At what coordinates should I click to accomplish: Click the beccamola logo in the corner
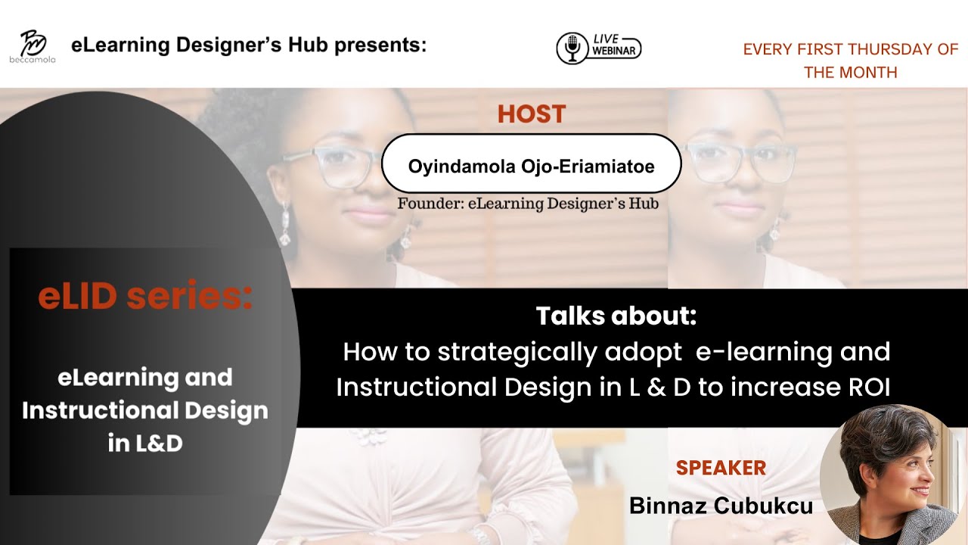(32, 45)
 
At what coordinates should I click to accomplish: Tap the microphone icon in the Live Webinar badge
(572, 48)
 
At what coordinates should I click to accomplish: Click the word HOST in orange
(532, 114)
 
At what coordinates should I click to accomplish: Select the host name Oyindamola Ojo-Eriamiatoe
(532, 165)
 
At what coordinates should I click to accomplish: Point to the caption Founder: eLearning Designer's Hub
(528, 204)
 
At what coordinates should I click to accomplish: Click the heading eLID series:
(145, 297)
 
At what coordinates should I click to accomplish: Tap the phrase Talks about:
(616, 316)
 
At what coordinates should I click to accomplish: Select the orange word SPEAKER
(721, 468)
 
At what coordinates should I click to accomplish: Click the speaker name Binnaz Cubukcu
(721, 506)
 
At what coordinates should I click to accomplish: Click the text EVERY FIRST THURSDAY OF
(851, 49)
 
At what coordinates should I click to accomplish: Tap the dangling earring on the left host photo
(285, 224)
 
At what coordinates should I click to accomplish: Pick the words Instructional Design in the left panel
(145, 410)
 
